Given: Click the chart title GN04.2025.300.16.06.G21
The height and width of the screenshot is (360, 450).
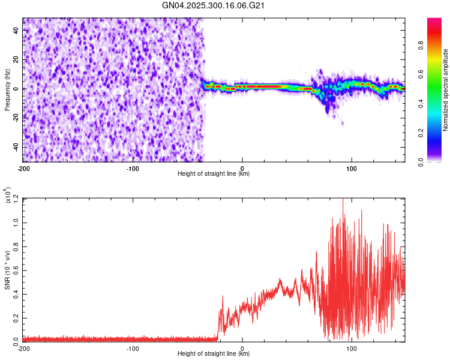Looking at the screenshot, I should click(214, 5).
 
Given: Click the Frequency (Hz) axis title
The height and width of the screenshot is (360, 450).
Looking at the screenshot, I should click(7, 90).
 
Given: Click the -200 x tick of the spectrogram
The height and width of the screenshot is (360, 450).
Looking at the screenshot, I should click(24, 168).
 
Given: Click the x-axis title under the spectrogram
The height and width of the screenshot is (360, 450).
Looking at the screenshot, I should click(214, 174).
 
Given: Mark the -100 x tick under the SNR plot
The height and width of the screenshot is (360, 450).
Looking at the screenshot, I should click(133, 348).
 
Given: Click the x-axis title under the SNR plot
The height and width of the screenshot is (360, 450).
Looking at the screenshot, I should click(214, 354).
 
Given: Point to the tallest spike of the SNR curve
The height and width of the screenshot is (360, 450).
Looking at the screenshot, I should click(343, 200).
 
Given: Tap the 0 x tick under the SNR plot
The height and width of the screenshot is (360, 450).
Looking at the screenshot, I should click(242, 348).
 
